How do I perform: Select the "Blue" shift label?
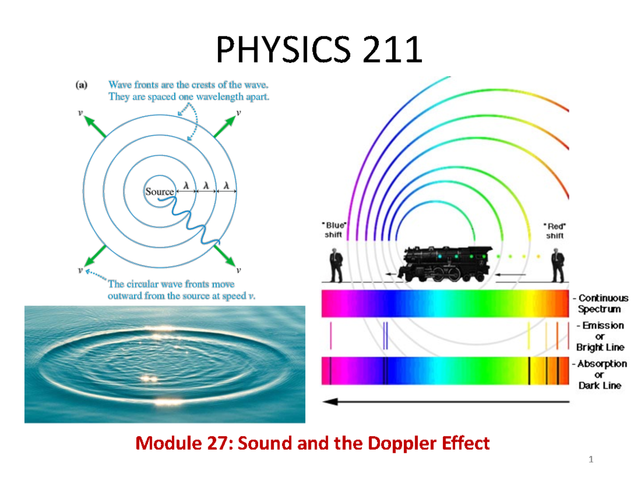(x=335, y=230)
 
